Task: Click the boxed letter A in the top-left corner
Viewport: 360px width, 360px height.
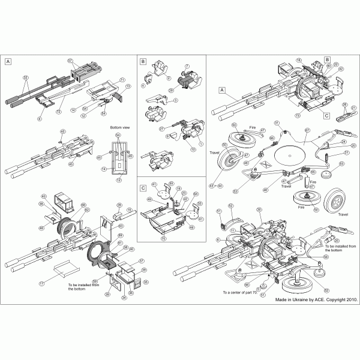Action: click(x=8, y=61)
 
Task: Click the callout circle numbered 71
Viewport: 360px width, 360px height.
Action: click(x=121, y=80)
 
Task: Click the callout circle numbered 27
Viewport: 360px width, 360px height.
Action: click(x=161, y=128)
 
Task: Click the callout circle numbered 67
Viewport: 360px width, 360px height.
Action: click(x=307, y=130)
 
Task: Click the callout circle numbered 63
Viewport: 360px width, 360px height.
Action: click(x=341, y=163)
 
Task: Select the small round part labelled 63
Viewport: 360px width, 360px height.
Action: click(x=328, y=175)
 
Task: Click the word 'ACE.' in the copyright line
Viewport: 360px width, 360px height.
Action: click(x=314, y=298)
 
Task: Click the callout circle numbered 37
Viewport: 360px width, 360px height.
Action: click(x=142, y=261)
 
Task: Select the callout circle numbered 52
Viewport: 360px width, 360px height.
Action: click(x=230, y=206)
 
